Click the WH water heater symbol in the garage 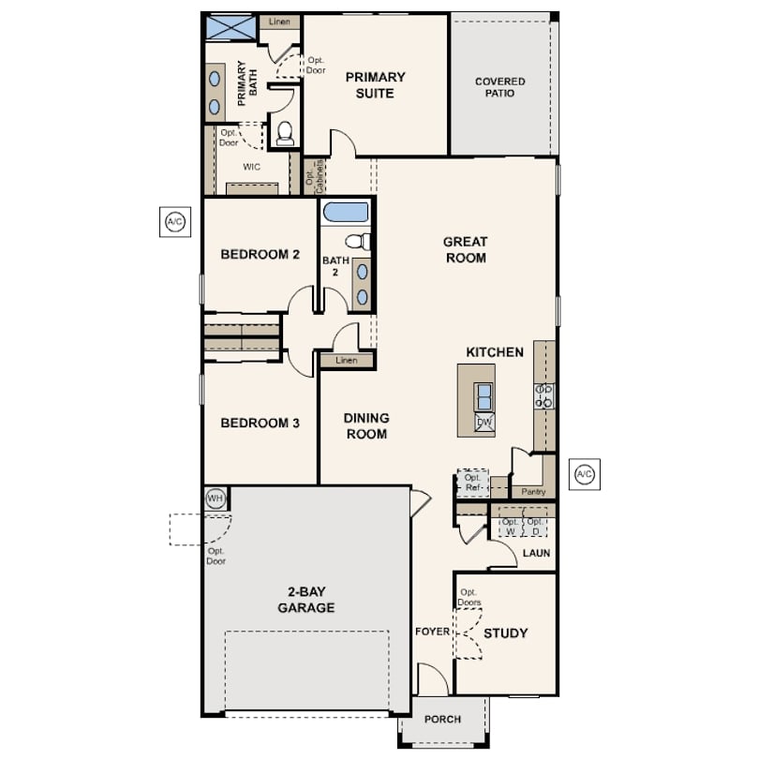pyautogui.click(x=215, y=499)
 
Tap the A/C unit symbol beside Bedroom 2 pyautogui.click(x=175, y=222)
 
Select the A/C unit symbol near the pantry pyautogui.click(x=585, y=474)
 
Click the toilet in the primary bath pyautogui.click(x=285, y=133)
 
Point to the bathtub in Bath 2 pyautogui.click(x=346, y=213)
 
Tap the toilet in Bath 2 pyautogui.click(x=358, y=241)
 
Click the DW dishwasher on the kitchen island pyautogui.click(x=484, y=423)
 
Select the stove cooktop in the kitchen pyautogui.click(x=544, y=396)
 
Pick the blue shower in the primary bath pyautogui.click(x=231, y=27)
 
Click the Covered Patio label pyautogui.click(x=500, y=87)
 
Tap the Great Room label pyautogui.click(x=466, y=250)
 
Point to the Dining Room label pyautogui.click(x=366, y=426)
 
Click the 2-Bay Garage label pyautogui.click(x=305, y=600)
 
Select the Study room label pyautogui.click(x=505, y=633)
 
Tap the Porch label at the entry pyautogui.click(x=442, y=720)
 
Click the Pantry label pyautogui.click(x=533, y=492)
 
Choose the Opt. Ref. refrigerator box pyautogui.click(x=473, y=484)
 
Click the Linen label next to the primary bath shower pyautogui.click(x=279, y=22)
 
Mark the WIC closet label pyautogui.click(x=252, y=167)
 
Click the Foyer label pyautogui.click(x=432, y=632)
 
